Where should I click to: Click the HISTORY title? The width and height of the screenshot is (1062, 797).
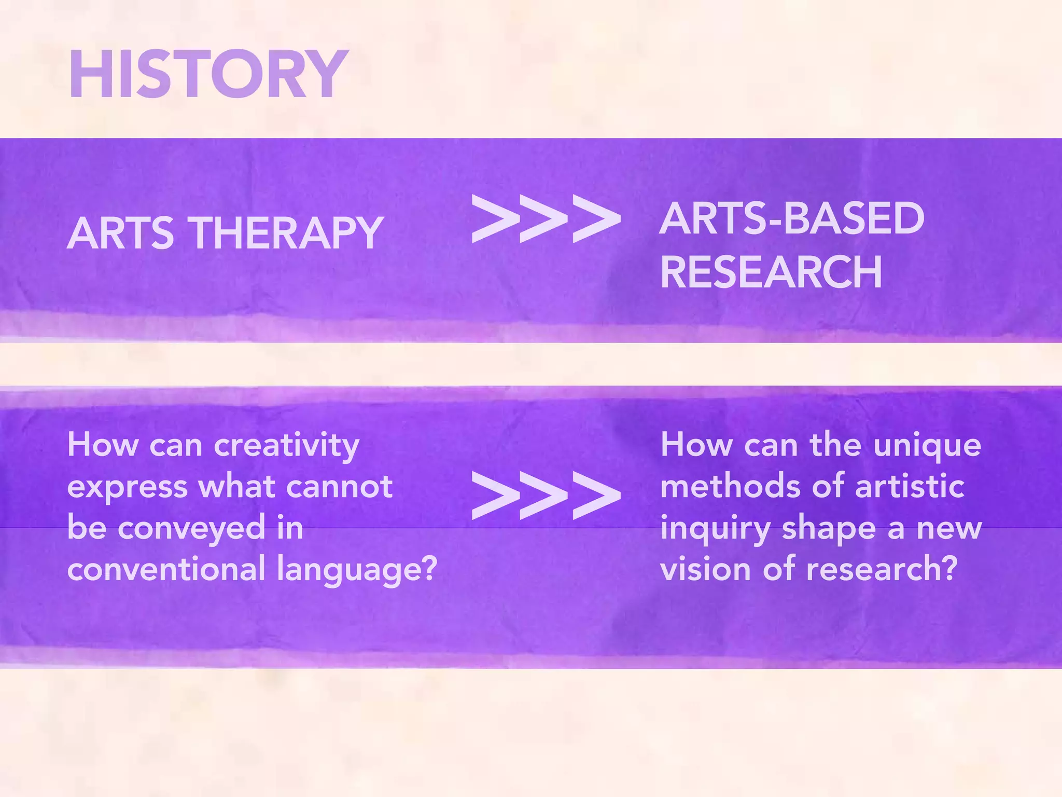pos(208,74)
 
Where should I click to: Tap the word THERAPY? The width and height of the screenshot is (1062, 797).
pos(285,233)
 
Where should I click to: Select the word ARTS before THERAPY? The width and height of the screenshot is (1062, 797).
pos(120,233)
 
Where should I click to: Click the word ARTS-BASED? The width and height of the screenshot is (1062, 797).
pos(792,218)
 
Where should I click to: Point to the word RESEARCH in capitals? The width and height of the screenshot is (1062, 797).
pos(771,272)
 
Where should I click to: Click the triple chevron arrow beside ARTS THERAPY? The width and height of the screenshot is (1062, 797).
pos(546,218)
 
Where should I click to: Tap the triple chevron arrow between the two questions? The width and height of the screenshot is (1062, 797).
pos(546,496)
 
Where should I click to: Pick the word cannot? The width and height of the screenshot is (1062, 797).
pos(339,487)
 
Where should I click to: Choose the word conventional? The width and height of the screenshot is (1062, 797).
pos(166,569)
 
